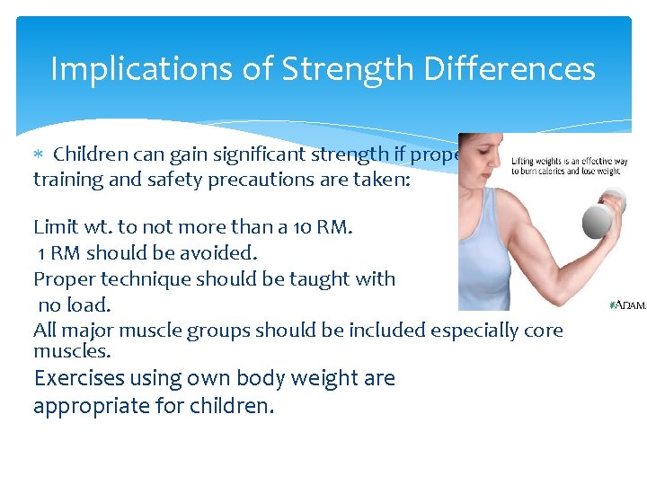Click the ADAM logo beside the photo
628,306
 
